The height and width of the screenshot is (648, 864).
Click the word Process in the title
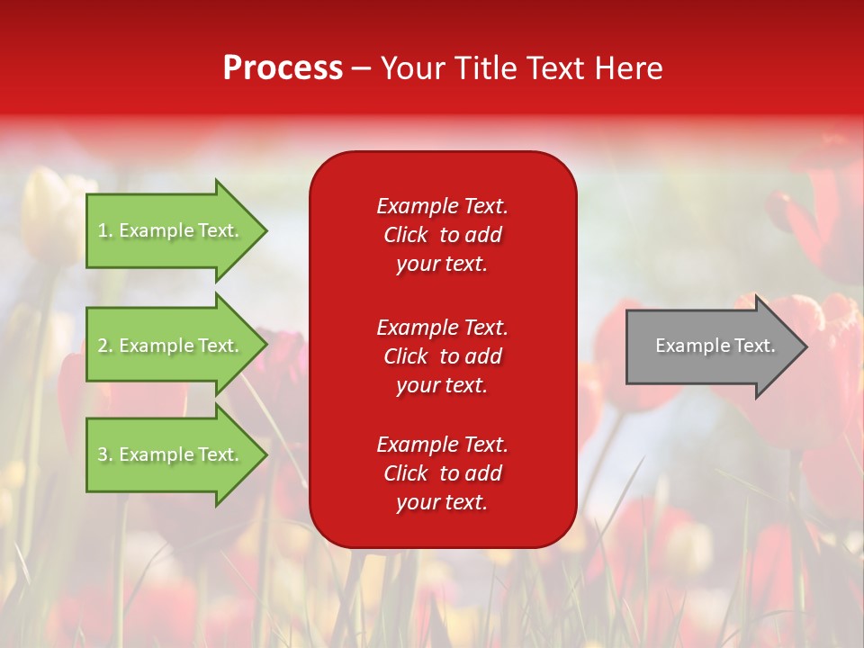point(283,68)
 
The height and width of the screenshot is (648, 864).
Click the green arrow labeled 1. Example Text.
point(177,230)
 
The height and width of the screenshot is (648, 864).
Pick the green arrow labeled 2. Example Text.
point(177,345)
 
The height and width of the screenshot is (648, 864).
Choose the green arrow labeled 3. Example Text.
point(177,454)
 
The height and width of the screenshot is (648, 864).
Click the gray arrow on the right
point(717,346)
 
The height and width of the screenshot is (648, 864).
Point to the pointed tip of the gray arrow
point(807,346)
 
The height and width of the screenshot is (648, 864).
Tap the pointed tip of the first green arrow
point(267,231)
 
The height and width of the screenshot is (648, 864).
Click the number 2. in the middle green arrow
point(104,346)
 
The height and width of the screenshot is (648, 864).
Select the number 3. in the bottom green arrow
point(104,454)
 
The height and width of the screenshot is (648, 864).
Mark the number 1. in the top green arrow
point(104,230)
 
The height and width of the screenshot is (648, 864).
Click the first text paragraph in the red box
point(443,235)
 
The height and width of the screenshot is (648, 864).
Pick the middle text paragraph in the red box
point(443,356)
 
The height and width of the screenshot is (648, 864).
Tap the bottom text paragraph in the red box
point(443,473)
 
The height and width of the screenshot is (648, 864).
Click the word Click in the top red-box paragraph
point(406,235)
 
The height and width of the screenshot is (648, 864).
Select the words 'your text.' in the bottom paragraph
point(442,502)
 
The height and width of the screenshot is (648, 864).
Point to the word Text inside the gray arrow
point(755,346)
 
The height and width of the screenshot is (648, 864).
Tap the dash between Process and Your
point(362,70)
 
